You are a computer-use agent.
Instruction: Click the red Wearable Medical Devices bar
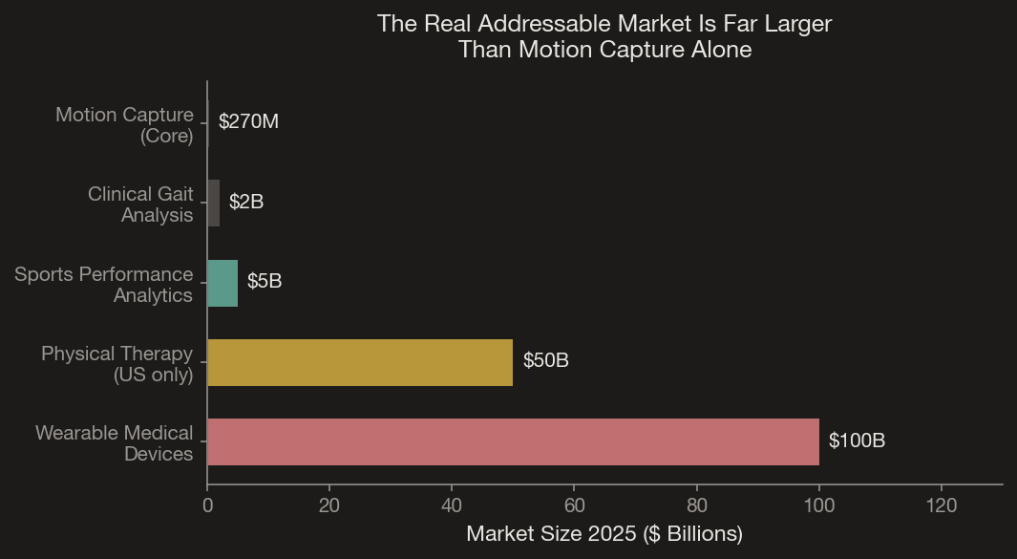[513, 441]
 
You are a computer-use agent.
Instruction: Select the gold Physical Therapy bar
[360, 362]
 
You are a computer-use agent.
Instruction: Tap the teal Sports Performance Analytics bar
[222, 283]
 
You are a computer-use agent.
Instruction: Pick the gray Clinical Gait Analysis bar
[214, 204]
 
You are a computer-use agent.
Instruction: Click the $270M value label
[248, 122]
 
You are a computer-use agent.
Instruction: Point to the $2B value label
[246, 202]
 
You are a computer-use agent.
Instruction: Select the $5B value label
[265, 282]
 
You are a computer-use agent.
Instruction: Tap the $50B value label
[546, 361]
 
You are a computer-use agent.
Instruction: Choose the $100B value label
[857, 441]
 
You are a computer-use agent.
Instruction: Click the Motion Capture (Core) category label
[125, 125]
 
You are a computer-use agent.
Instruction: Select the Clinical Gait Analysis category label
[140, 204]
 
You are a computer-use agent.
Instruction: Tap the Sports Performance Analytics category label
[104, 285]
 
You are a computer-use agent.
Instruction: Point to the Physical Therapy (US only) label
[117, 364]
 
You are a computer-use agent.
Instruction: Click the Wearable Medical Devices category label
[115, 443]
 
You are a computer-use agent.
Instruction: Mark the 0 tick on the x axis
[207, 505]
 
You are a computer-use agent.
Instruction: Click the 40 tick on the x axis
[452, 505]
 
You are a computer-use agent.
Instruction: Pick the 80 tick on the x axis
[697, 505]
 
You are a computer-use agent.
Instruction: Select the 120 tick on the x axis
[942, 505]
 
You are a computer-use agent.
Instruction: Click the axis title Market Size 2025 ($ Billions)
[604, 534]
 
